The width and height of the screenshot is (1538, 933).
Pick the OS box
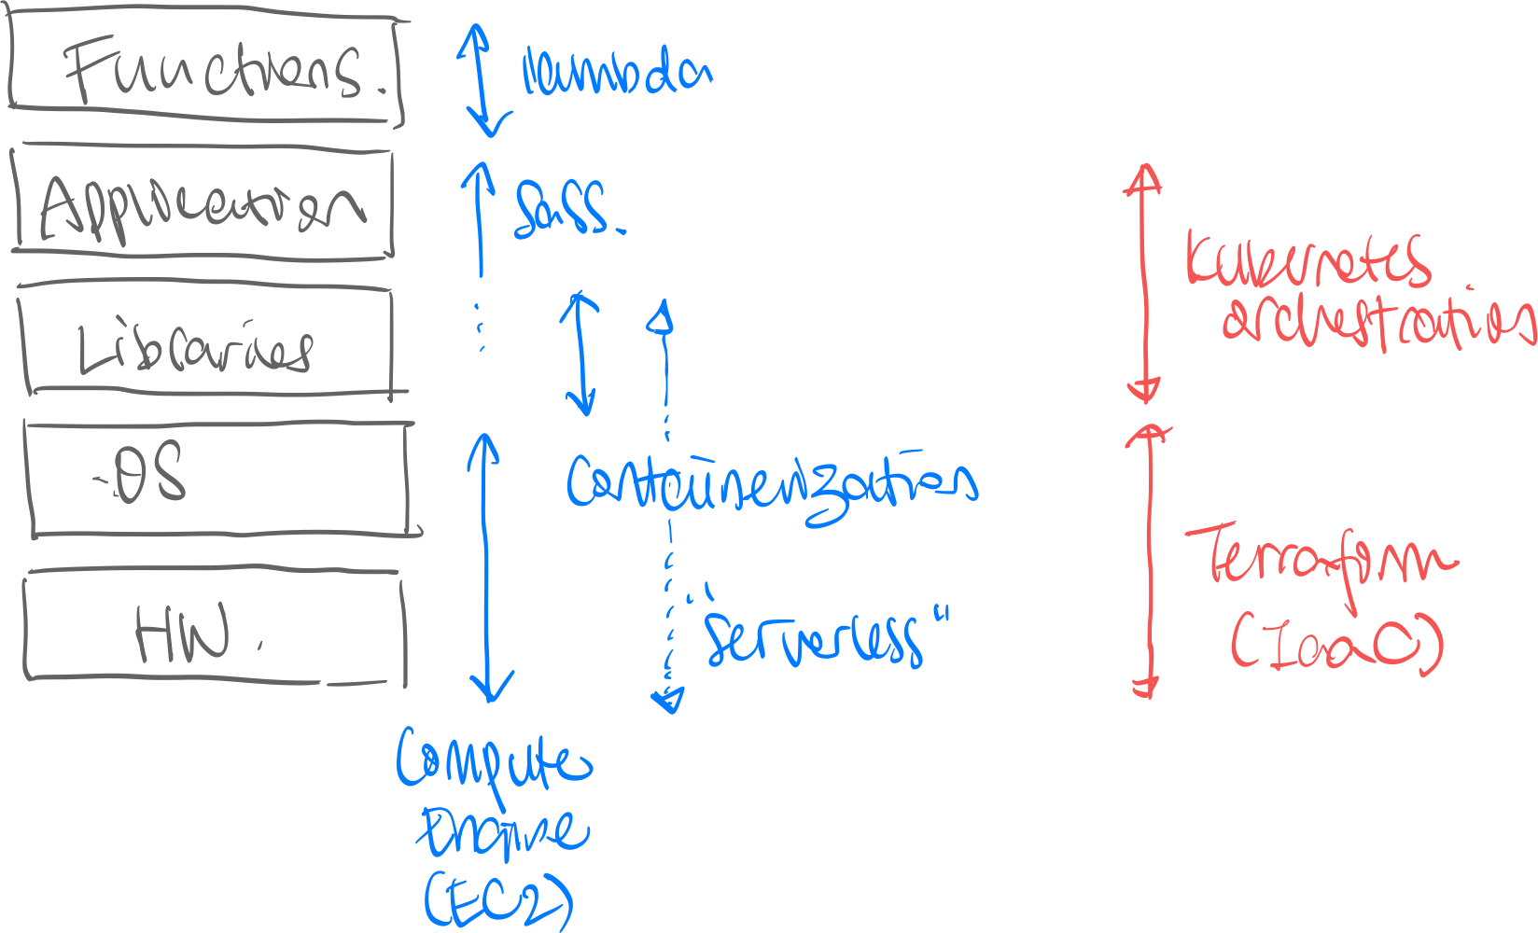(x=219, y=478)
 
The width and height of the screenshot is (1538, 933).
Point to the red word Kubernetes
(x=1307, y=261)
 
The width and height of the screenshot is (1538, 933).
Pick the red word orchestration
(x=1377, y=322)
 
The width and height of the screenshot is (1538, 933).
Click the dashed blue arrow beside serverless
(x=668, y=616)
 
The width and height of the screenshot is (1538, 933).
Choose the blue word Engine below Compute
(x=504, y=832)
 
